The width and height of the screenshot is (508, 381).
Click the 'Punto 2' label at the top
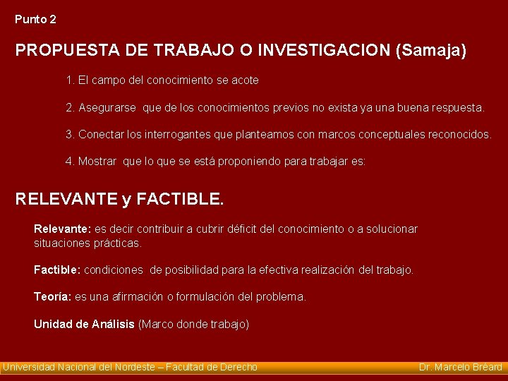(35, 20)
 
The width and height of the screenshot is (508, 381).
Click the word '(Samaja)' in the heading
(432, 51)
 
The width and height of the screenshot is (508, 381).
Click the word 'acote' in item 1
(245, 80)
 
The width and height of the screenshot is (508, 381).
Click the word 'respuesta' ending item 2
(458, 108)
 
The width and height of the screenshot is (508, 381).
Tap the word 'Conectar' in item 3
(99, 134)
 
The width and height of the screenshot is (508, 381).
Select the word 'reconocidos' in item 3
(459, 134)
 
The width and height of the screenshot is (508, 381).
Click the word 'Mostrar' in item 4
(97, 161)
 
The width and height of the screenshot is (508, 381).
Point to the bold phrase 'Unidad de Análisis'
(84, 325)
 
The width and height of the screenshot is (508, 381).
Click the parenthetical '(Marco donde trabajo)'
(194, 325)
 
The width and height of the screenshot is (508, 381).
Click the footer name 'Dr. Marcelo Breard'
(460, 367)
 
